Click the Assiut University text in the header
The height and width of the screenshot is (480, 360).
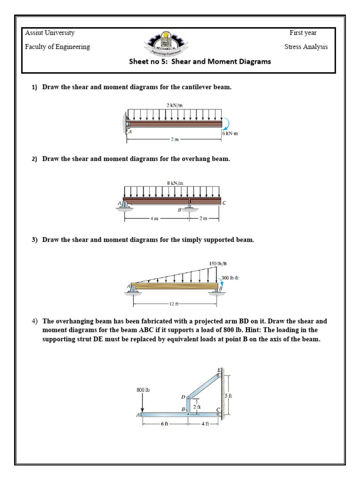pos(49,33)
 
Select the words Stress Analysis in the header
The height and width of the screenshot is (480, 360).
pos(306,46)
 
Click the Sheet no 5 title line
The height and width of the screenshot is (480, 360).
pos(200,61)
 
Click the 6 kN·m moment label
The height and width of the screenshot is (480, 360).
pos(230,133)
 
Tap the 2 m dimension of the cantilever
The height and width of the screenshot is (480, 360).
pos(174,140)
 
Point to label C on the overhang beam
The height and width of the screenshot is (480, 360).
pos(224,202)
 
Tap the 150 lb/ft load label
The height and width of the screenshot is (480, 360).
pos(217,263)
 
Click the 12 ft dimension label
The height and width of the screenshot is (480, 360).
pos(174,304)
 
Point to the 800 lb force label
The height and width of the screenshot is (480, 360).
pos(143,389)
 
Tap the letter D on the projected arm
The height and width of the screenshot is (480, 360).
pos(183,397)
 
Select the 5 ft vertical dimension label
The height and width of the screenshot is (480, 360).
pos(228,396)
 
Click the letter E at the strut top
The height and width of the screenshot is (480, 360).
pos(218,370)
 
